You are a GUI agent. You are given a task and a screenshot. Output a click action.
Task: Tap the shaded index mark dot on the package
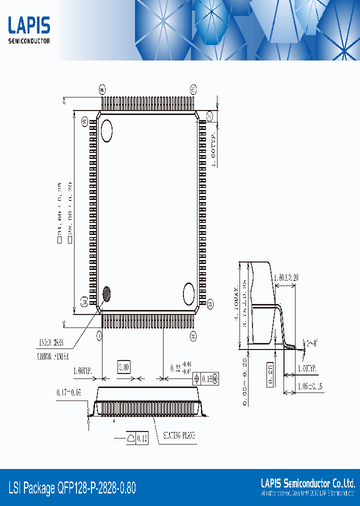pyautogui.click(x=106, y=293)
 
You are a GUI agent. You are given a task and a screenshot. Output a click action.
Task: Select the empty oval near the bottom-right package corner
pyautogui.click(x=188, y=293)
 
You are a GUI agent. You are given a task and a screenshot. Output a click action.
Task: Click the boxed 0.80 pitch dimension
pyautogui.click(x=124, y=368)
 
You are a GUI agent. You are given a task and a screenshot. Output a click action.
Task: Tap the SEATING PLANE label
pyautogui.click(x=178, y=435)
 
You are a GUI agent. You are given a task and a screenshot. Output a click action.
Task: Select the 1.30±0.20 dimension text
pyautogui.click(x=285, y=277)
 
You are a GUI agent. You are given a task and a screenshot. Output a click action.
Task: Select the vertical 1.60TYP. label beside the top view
pyautogui.click(x=213, y=149)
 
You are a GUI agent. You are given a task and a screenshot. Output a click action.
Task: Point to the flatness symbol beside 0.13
pyautogui.click(x=131, y=438)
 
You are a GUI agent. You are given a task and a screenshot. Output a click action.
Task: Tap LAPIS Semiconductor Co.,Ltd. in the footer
pyautogui.click(x=307, y=483)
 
